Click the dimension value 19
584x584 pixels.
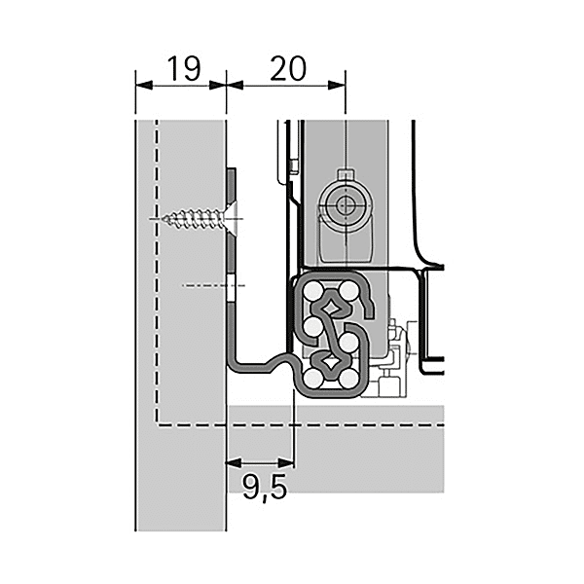pyautogui.click(x=183, y=69)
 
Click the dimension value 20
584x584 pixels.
pyautogui.click(x=287, y=69)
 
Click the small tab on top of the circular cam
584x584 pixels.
pyautogui.click(x=344, y=174)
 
